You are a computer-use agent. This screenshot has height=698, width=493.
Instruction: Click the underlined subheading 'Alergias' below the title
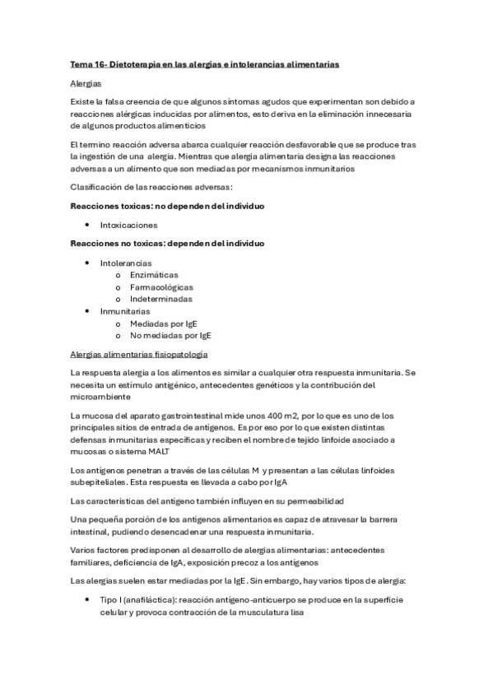86,84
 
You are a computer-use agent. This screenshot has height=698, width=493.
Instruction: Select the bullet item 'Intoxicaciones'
128,225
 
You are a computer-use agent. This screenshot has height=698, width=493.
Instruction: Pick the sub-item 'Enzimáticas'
154,275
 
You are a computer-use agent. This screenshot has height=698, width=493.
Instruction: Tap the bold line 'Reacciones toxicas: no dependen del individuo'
173,204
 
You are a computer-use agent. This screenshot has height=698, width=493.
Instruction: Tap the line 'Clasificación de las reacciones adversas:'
152,187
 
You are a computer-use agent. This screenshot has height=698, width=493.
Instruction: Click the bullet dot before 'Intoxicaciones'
87,225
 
